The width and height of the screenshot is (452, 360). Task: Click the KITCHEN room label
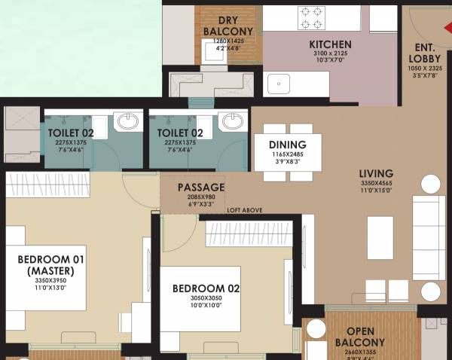coord(330,44)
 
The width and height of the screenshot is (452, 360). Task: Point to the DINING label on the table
coord(287,145)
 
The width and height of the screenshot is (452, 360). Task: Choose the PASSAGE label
coord(201,187)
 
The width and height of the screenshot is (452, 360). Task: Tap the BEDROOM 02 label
coord(206,288)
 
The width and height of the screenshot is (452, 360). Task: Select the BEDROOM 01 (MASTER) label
coord(51,265)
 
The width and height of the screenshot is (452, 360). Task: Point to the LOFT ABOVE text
coord(245,210)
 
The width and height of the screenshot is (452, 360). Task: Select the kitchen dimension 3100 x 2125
coord(330,55)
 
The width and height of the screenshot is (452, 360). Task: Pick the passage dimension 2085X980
coord(201,197)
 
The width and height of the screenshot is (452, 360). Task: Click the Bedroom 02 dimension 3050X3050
coord(206,298)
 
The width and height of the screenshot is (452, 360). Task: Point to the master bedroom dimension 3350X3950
coord(51,279)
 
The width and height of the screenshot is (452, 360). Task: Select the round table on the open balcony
coord(316,329)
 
